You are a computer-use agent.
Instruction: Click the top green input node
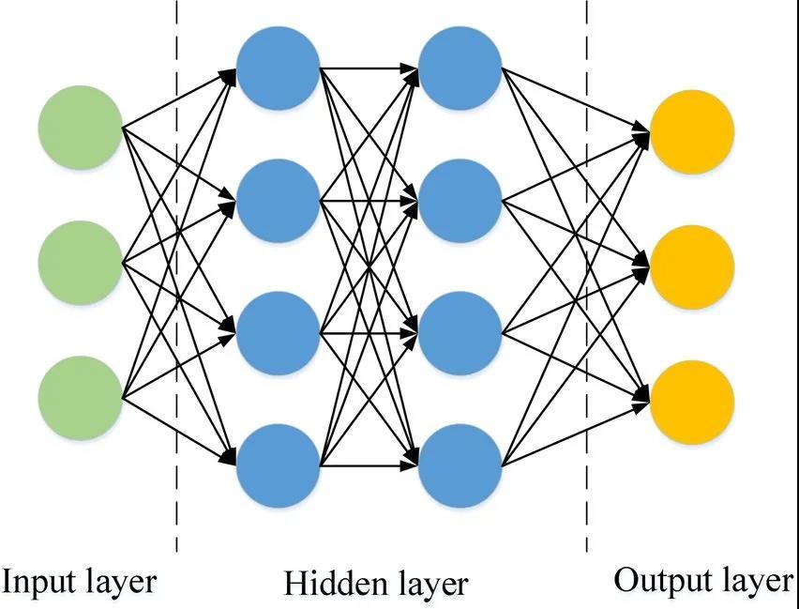click(81, 127)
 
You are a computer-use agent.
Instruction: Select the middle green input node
click(81, 263)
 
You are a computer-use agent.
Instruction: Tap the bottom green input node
click(81, 398)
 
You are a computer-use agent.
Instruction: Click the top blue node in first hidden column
click(278, 68)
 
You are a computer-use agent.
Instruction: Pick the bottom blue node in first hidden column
click(278, 465)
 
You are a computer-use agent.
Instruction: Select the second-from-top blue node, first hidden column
click(278, 200)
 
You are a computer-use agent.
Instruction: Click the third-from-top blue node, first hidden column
click(278, 332)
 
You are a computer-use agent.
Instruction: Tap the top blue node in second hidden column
click(460, 68)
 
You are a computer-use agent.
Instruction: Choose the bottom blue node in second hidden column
click(460, 465)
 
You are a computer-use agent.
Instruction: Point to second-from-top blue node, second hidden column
click(460, 200)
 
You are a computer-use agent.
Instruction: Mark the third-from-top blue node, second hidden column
click(460, 332)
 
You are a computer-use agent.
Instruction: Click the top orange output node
click(691, 132)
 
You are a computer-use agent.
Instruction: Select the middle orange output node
click(691, 268)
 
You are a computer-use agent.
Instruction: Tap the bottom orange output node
click(691, 403)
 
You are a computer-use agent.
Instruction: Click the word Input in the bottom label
click(38, 582)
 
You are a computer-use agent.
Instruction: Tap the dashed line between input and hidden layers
click(176, 282)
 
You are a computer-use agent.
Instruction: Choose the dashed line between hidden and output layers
click(587, 282)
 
